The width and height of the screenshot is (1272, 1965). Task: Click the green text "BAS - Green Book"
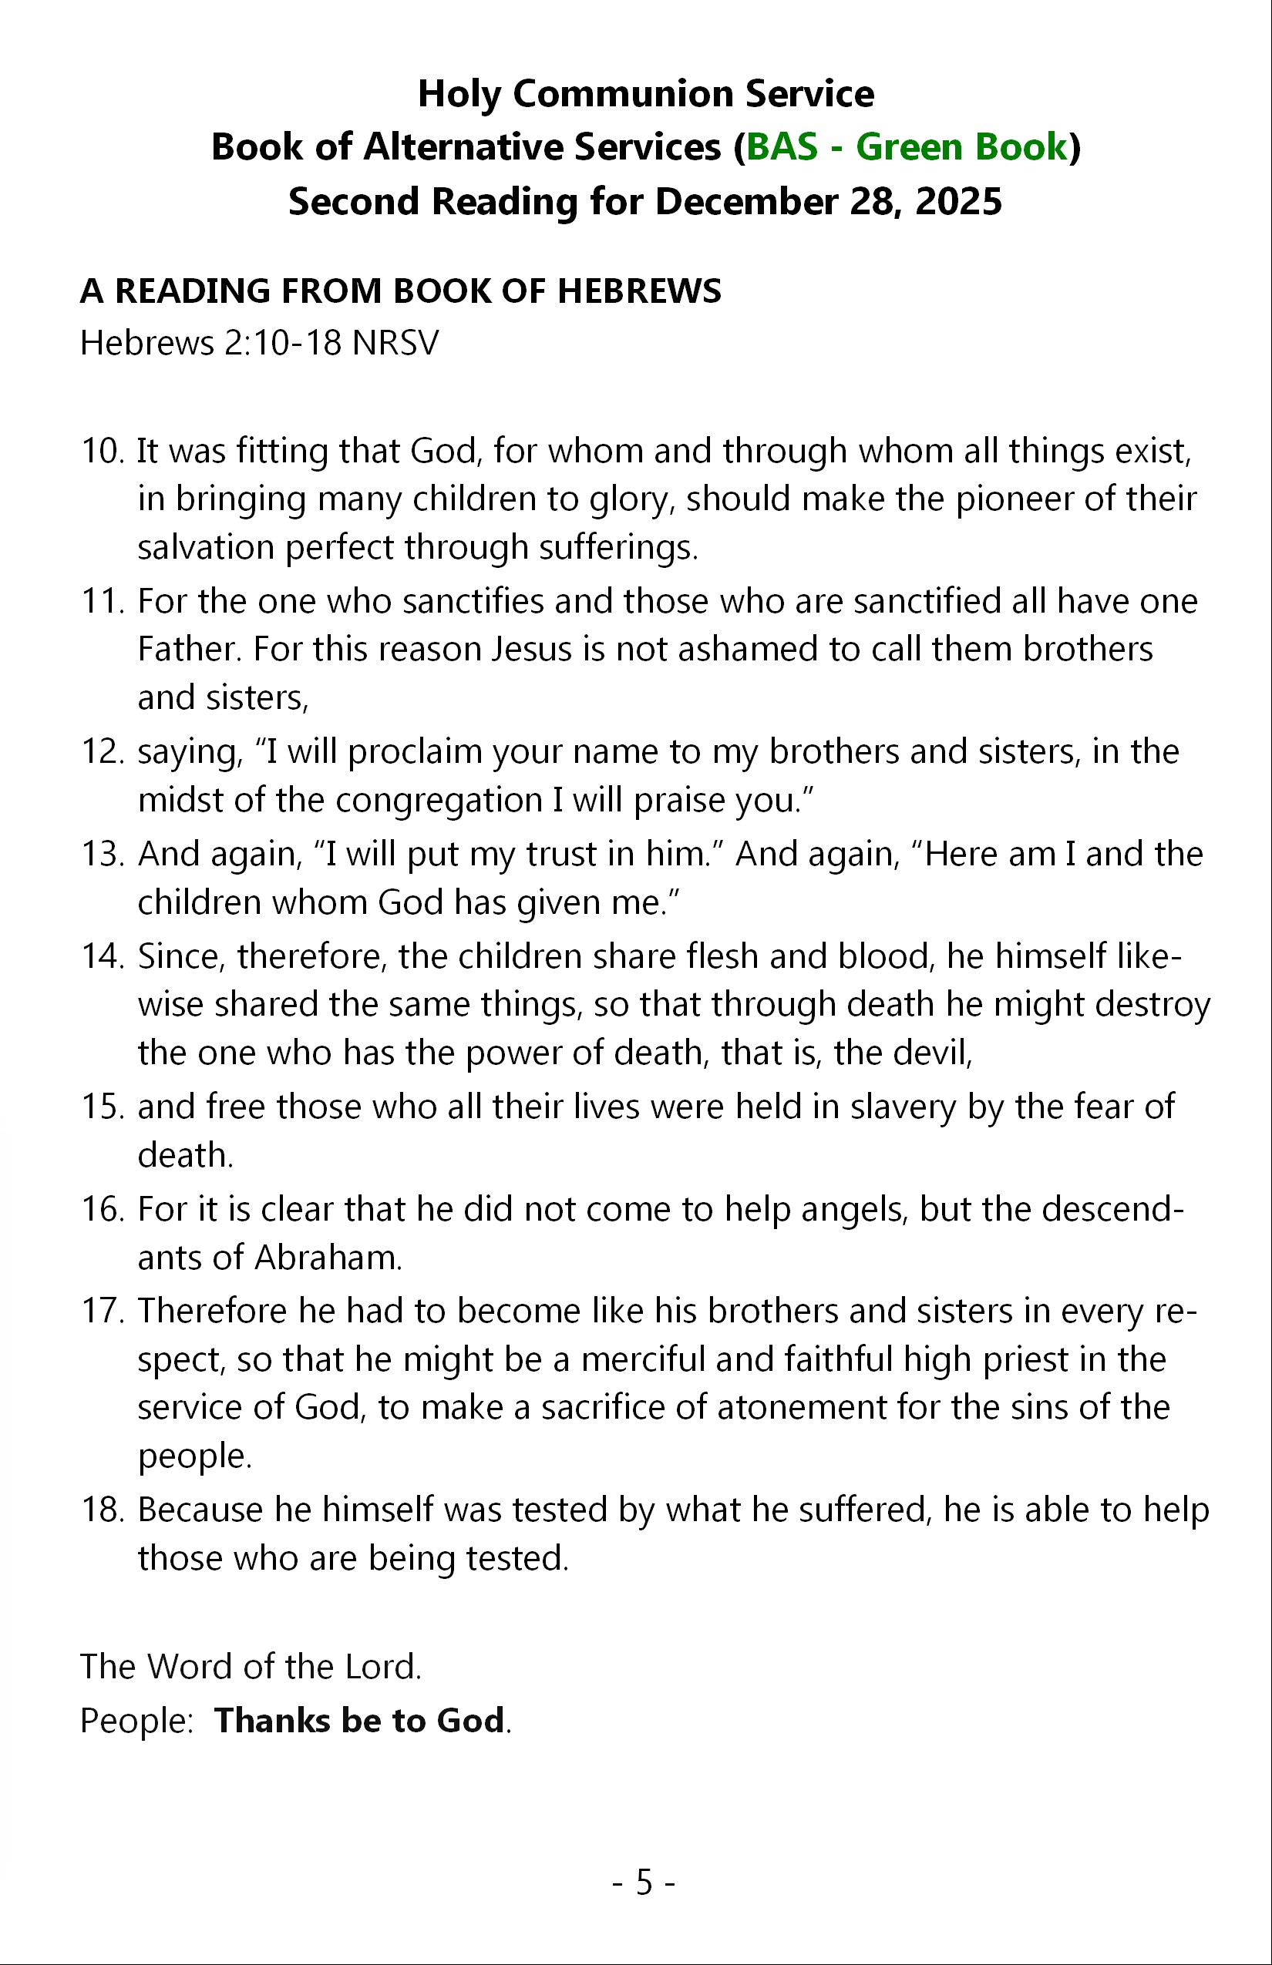click(907, 147)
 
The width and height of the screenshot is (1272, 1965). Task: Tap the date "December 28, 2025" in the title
click(829, 201)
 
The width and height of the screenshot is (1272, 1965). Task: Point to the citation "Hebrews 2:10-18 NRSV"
click(259, 343)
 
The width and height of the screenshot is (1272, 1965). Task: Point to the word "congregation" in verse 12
click(439, 800)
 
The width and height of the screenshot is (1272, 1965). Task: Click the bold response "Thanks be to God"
click(359, 1721)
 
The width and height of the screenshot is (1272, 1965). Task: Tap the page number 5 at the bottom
click(644, 1883)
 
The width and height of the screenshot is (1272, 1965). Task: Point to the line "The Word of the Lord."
click(251, 1666)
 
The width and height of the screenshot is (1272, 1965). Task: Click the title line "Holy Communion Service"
click(645, 93)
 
